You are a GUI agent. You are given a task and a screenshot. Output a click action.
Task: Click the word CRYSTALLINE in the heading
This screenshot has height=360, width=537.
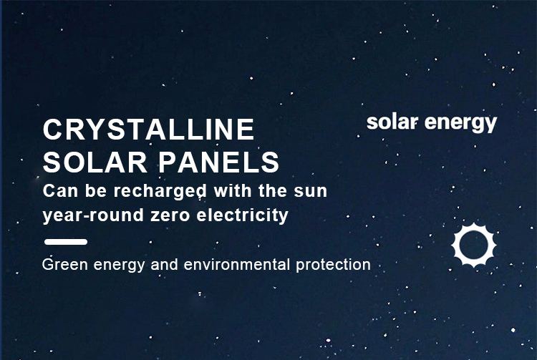point(148,130)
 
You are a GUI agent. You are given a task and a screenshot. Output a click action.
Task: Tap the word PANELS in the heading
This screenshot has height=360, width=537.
point(218,162)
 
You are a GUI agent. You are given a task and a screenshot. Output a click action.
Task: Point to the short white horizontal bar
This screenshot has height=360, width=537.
point(66,242)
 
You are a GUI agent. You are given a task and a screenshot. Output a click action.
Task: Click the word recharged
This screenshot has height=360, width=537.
point(160,191)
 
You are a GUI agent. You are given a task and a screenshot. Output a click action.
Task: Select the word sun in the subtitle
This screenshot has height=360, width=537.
point(311,191)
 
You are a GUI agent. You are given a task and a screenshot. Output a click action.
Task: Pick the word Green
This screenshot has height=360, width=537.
point(64,265)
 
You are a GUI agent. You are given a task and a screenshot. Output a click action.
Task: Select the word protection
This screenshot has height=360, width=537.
point(333,265)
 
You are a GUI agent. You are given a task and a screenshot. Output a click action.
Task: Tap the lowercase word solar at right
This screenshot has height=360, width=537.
point(392,122)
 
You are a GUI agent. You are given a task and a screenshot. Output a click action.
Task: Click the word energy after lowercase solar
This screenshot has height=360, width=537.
point(460,124)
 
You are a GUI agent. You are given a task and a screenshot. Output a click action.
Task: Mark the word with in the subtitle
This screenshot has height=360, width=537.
point(233,190)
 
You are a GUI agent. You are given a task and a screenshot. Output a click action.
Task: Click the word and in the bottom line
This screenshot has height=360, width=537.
point(164,265)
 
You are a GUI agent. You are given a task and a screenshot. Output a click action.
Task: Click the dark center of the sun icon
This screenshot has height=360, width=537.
point(474,245)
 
